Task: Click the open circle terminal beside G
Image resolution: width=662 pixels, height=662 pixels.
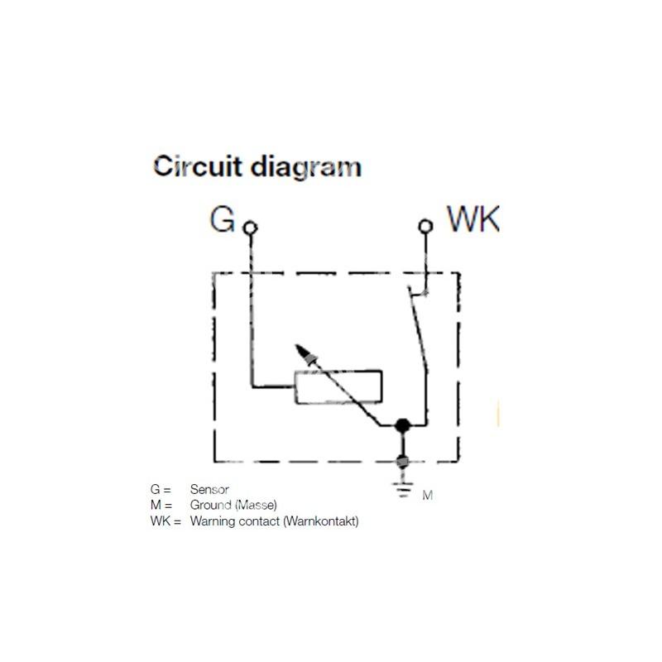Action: click(251, 227)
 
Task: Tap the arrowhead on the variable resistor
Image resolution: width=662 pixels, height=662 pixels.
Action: click(308, 357)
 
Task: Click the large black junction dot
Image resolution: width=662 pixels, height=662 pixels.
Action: click(402, 425)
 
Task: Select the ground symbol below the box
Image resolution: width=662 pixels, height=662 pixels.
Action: click(402, 489)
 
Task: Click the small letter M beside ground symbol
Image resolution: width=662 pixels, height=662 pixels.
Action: click(428, 496)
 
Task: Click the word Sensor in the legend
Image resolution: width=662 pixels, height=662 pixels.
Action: click(209, 490)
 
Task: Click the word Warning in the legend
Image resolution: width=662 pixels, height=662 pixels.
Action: click(213, 521)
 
